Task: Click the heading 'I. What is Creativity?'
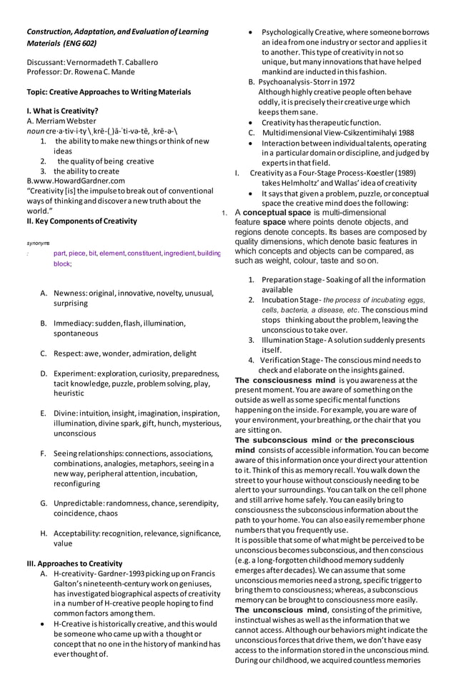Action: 62,111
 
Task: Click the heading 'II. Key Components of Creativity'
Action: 81,221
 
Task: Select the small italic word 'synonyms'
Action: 38,243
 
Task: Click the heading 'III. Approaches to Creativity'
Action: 74,563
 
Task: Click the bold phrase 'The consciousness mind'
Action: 284,380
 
